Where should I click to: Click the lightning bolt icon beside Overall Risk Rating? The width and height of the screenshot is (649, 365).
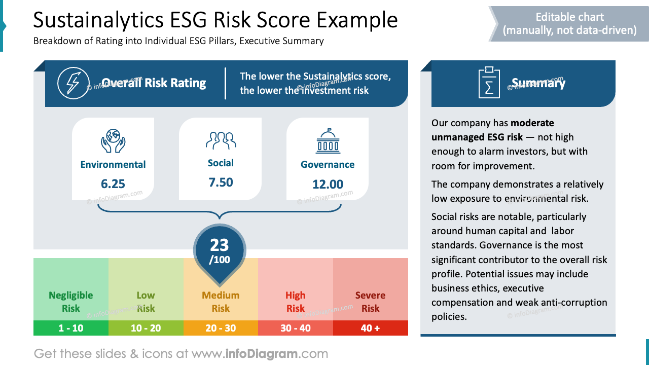click(73, 83)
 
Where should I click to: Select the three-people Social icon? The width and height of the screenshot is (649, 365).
click(221, 140)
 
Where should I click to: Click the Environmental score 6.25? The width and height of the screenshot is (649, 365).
click(113, 184)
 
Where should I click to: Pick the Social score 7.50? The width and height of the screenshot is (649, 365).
click(221, 182)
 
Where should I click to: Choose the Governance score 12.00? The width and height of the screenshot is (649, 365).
click(328, 184)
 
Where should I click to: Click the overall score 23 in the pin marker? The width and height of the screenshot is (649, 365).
click(220, 245)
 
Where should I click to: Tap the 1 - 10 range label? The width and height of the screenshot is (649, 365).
click(71, 328)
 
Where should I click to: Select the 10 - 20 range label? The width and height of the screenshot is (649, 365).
click(146, 328)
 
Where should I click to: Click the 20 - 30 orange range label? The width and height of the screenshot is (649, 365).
click(221, 328)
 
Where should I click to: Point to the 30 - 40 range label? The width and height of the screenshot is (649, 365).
click(296, 328)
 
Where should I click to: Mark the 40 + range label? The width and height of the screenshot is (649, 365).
click(370, 328)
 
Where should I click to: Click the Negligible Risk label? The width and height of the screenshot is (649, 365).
click(71, 302)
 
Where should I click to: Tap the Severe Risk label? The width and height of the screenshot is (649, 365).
click(370, 302)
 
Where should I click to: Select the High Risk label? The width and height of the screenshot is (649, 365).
click(296, 302)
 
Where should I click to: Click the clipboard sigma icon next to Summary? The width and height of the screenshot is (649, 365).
click(489, 83)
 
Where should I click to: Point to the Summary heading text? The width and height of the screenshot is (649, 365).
click(538, 83)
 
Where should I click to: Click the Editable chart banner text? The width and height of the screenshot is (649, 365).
click(569, 24)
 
